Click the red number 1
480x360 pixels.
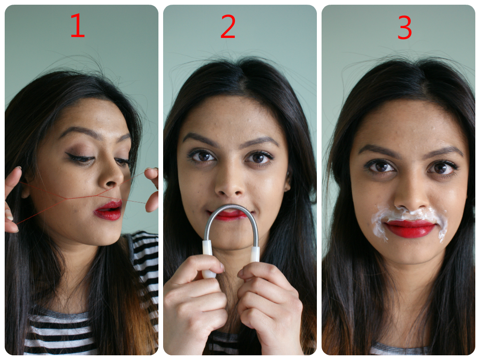tap(77, 26)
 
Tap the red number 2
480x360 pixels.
tap(228, 26)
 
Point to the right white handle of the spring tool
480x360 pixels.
tap(255, 255)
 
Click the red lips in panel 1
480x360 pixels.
tap(108, 210)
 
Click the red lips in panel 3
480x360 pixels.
tap(410, 228)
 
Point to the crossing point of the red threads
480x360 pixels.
tap(67, 199)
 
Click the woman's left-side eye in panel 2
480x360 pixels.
tap(202, 156)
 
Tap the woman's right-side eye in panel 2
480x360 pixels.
tap(259, 157)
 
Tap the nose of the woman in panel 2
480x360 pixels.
tap(230, 184)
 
